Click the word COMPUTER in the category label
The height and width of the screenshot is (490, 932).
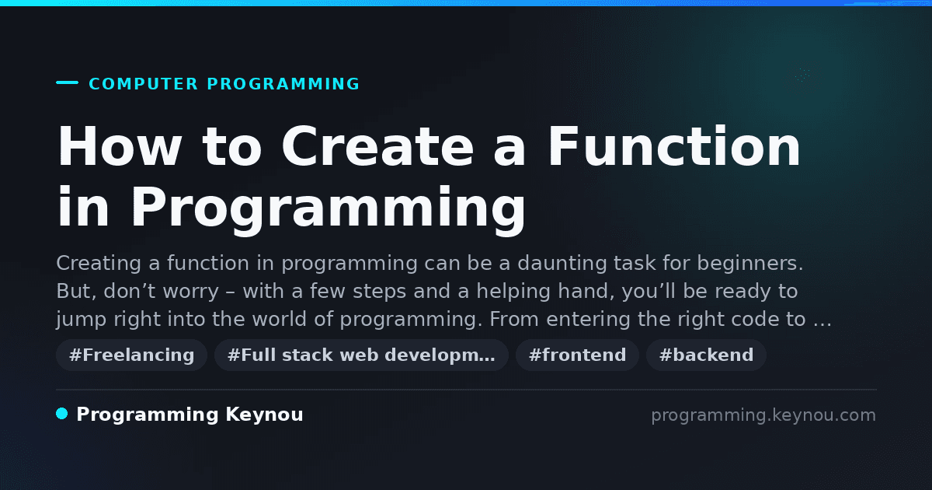[143, 84]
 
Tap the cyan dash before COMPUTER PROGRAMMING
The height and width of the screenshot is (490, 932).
[67, 82]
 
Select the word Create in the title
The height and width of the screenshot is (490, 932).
[377, 147]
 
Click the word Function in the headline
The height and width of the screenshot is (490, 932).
[674, 147]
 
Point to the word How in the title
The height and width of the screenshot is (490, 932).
[120, 147]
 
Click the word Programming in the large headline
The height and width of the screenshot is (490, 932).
[329, 208]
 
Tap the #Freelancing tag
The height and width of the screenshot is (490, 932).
[131, 355]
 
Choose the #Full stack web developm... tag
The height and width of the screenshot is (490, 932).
[361, 355]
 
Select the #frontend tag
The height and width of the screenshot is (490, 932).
[577, 355]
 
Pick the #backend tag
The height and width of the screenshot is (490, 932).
[706, 355]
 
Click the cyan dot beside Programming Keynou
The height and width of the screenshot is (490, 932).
[62, 414]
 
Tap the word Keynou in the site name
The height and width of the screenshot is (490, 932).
[264, 415]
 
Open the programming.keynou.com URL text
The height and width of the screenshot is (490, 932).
[763, 415]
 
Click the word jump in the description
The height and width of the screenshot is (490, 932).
[81, 320]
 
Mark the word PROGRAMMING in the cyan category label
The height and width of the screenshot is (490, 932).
[283, 84]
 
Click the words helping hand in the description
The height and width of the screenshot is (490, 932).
[545, 291]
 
